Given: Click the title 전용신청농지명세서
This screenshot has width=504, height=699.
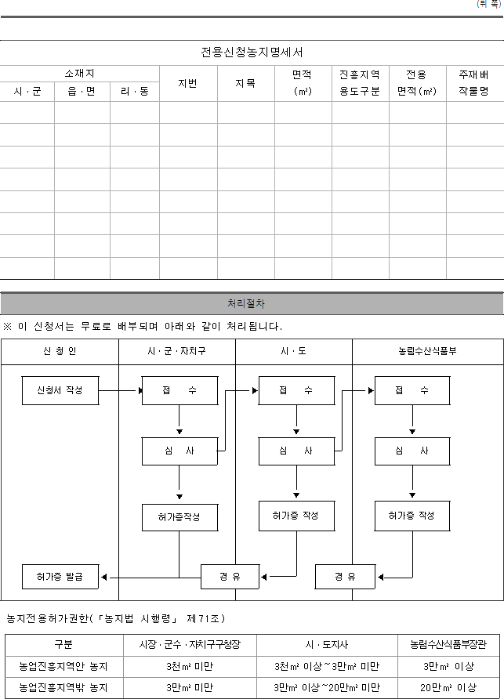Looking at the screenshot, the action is coord(252,53).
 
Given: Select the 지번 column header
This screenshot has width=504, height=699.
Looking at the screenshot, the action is coord(188,83).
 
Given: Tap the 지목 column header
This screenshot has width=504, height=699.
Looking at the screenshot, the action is coord(245,83).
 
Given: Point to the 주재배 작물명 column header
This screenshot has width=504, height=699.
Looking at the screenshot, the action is coord(474,83).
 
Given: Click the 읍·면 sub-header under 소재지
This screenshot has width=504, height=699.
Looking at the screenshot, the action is coord(82,92).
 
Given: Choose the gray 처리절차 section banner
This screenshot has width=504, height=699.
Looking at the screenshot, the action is coord(252,303).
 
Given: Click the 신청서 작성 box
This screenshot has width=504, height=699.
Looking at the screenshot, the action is coord(60,390).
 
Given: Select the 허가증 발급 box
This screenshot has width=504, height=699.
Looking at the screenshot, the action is coord(60,577).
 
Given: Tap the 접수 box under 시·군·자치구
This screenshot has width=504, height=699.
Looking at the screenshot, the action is coord(179,390).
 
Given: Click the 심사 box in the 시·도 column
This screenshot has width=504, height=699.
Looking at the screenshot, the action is coord(296,451).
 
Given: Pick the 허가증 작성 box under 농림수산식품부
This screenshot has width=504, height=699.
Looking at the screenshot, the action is coord(412,516).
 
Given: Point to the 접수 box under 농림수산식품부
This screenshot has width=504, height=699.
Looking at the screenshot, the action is coord(412,390).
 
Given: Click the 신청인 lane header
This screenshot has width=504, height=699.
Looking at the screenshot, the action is coord(60,352).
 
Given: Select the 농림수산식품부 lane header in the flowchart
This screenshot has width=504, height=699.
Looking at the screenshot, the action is coord(428,352).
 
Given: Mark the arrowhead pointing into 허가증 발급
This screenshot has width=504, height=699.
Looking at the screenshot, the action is coord(104,578).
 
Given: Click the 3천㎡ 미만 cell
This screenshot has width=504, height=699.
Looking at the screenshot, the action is coord(190,667).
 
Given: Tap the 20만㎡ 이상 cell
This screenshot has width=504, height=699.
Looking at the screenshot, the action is coord(448,688).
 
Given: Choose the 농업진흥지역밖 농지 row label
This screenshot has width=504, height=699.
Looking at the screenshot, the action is coord(63,688).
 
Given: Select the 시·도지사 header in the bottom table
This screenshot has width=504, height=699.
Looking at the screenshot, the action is coord(327,645).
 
